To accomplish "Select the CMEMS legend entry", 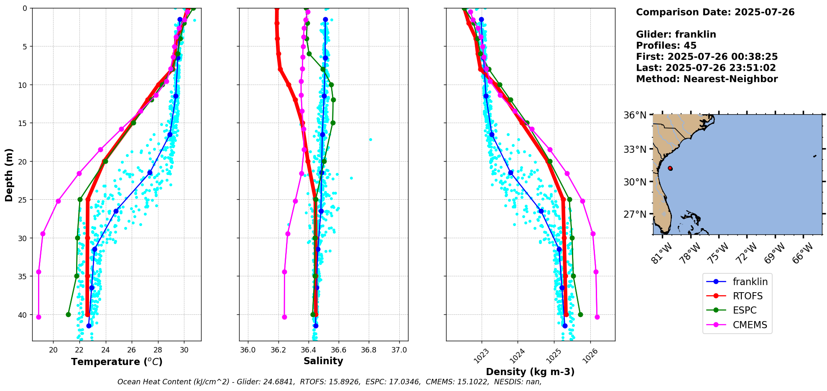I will [x=750, y=325].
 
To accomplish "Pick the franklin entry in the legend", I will [x=750, y=282].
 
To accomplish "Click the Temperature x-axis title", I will [x=117, y=362].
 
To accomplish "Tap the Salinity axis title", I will [x=323, y=361].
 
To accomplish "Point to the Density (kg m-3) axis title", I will [x=530, y=372].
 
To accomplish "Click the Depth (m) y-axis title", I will [x=9, y=175].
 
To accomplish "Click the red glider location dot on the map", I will [x=670, y=168].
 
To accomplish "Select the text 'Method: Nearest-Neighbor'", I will [x=707, y=79].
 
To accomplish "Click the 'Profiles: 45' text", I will [x=666, y=46].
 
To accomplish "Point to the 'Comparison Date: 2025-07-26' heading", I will [x=715, y=12].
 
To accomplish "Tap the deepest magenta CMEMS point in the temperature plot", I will [x=38, y=317].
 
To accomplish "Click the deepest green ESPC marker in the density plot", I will [x=580, y=314].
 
